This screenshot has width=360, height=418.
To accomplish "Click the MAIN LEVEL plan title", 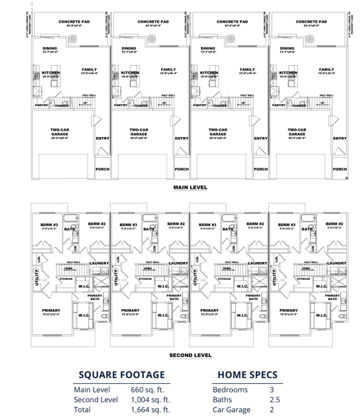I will tap(190, 187).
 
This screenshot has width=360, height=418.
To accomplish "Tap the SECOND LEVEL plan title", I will tap(190, 355).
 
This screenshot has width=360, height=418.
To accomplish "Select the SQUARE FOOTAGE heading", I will tap(121, 374).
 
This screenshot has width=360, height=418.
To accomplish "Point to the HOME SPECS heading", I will tap(247, 374).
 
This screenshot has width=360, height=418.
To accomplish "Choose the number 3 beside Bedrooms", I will tap(271, 390).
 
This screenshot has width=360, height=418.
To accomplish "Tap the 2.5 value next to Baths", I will tap(275, 399).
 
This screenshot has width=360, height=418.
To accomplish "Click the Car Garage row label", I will tap(231, 410).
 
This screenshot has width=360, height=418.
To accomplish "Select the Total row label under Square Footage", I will tap(83, 410).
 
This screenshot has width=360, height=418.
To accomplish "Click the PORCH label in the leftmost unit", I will tap(102, 169).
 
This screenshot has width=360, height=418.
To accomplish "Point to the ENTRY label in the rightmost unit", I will tap(339, 138).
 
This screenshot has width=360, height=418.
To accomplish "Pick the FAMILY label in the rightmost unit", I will tap(326, 70).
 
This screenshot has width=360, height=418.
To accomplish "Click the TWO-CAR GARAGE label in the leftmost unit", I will tap(59, 132).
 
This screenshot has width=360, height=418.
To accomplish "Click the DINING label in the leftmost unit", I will tap(50, 48).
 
